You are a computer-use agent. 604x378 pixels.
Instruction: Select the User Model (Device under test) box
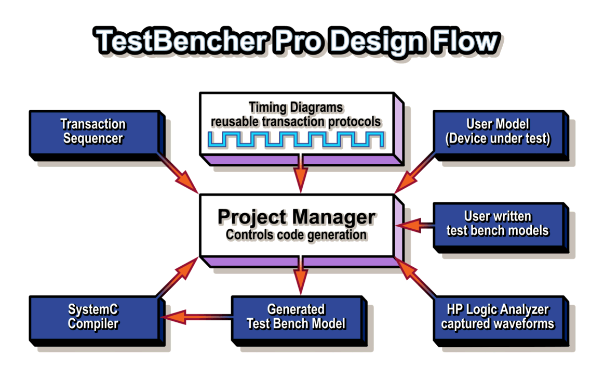click(501, 135)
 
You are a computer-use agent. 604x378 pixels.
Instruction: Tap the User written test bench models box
click(501, 227)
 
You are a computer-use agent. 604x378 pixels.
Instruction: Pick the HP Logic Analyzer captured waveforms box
click(501, 320)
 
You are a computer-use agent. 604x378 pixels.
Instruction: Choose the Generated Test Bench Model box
click(299, 320)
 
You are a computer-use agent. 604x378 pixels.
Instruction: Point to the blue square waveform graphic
click(296, 140)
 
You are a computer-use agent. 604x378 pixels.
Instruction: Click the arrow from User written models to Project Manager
click(414, 225)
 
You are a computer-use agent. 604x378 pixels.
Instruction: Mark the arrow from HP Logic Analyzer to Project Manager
click(415, 278)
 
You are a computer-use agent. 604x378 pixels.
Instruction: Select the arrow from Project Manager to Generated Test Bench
click(301, 276)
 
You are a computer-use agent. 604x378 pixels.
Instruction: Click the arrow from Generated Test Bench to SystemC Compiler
click(196, 317)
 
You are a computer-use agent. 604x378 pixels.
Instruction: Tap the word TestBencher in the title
click(181, 41)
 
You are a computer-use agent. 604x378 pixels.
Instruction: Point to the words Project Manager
click(296, 217)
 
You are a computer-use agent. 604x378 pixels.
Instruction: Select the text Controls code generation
click(296, 234)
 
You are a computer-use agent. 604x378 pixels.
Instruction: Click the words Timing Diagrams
click(296, 107)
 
